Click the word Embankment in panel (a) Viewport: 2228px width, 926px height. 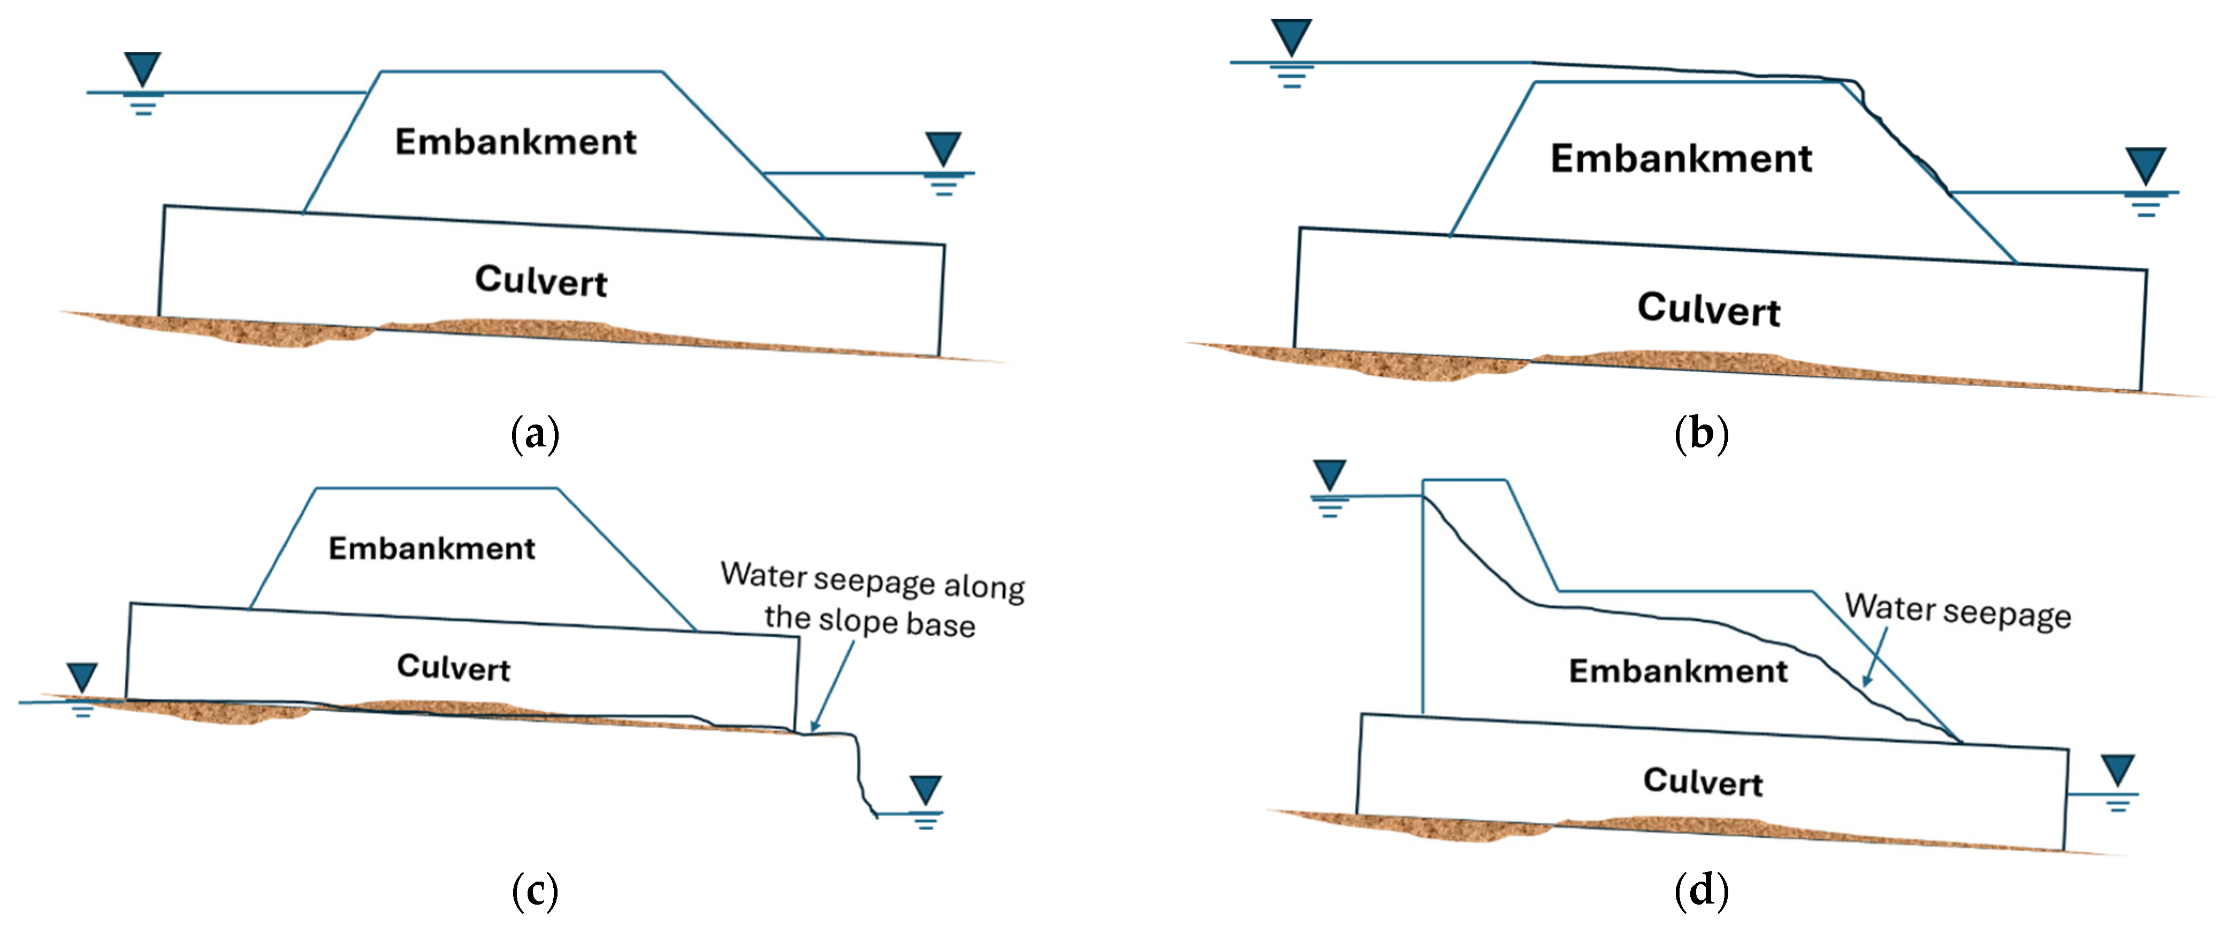click(x=515, y=142)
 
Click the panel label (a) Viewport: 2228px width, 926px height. click(x=536, y=433)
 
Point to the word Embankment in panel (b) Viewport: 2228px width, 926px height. click(x=1681, y=158)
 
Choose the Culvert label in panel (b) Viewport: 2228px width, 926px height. click(x=1708, y=308)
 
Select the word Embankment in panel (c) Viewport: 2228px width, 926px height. click(x=432, y=548)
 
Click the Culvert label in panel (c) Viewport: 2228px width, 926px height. click(x=453, y=667)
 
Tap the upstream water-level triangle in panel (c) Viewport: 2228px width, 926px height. click(x=82, y=677)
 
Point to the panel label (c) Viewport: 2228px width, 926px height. click(x=536, y=891)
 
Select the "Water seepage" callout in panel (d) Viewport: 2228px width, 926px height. click(x=1958, y=611)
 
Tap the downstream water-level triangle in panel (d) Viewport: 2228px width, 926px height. click(x=2118, y=769)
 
